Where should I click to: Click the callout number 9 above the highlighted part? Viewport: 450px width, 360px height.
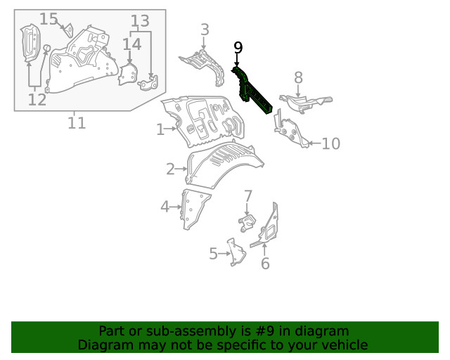tap(238, 48)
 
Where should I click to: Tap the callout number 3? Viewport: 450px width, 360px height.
tap(205, 30)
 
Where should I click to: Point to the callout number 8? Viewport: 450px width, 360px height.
tap(298, 77)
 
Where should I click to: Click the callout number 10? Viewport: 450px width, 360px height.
tap(331, 143)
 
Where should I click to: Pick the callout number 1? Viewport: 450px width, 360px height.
tap(160, 129)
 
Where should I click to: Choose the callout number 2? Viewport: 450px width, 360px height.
tap(170, 169)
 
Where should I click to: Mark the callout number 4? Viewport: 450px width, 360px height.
tap(165, 207)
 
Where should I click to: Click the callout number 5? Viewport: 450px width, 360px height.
tap(213, 254)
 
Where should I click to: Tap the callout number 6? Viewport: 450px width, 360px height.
tap(265, 264)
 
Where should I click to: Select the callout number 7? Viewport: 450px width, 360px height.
tap(247, 196)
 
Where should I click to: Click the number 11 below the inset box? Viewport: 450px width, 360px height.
tap(77, 123)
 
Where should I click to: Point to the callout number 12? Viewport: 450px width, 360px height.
tap(37, 100)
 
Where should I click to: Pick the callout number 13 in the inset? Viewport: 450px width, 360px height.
tap(140, 21)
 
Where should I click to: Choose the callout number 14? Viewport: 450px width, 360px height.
tap(132, 44)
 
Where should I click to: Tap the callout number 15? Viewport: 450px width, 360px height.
tap(49, 19)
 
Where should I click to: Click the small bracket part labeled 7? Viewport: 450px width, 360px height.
tap(247, 223)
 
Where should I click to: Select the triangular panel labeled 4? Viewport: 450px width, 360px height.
tap(193, 210)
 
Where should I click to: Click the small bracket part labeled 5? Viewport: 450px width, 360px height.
tap(236, 252)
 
